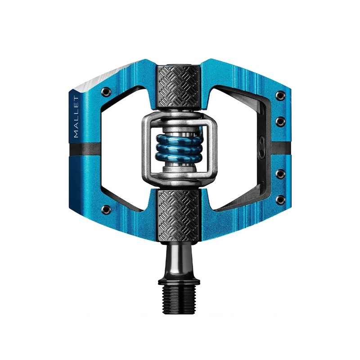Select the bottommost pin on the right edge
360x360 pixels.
pos(281,198)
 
